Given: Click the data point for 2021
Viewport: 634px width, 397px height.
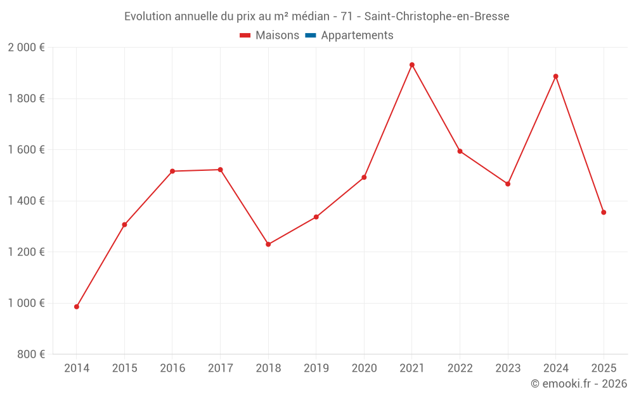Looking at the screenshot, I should click(412, 65).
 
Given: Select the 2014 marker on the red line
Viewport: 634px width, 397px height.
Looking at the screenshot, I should click(77, 307).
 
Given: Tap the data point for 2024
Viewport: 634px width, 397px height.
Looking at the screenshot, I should click(556, 76).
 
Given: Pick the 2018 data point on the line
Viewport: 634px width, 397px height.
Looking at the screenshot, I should click(268, 244).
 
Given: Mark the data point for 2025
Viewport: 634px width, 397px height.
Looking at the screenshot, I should click(604, 212).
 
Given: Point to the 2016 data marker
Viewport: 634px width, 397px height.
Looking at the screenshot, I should click(172, 171).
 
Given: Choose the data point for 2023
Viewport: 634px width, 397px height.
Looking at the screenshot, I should click(508, 184).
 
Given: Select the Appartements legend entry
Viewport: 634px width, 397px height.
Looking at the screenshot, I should click(357, 36).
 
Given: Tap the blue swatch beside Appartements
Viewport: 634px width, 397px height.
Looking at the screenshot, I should click(311, 36).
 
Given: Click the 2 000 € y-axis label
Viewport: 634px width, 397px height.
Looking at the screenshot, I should click(26, 48).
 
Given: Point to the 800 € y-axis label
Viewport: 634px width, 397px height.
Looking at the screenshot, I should click(30, 354).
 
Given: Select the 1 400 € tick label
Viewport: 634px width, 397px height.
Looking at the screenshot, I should click(26, 201).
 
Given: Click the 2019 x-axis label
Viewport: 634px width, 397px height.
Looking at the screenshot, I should click(316, 368).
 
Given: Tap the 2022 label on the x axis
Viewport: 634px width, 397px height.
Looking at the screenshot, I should click(460, 368).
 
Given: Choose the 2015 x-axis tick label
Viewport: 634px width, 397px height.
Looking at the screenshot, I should click(124, 368).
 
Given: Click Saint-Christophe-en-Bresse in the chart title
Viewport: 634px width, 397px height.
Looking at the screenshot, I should click(437, 17).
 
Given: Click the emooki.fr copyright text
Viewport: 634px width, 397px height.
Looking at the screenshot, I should click(579, 384).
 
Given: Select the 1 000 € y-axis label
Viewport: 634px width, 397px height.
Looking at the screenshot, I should click(26, 303).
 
